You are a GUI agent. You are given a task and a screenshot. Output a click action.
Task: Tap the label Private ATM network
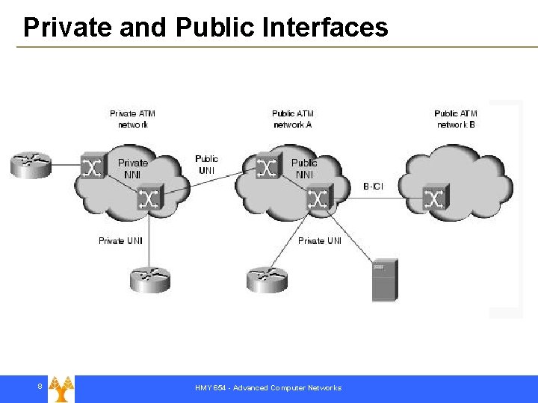tap(133, 119)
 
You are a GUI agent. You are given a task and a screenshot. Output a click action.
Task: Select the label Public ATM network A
tap(293, 119)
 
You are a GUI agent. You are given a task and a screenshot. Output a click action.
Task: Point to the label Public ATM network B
tap(456, 119)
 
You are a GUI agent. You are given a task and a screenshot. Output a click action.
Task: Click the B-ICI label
tap(374, 185)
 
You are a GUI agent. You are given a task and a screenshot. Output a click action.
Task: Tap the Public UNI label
tap(207, 164)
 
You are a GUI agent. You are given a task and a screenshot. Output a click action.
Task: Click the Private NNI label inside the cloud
tap(133, 168)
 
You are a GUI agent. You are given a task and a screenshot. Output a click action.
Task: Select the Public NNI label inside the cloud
tap(304, 168)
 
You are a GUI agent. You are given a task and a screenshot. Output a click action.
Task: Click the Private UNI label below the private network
tap(120, 241)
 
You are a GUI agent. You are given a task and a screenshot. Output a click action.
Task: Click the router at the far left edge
tap(30, 164)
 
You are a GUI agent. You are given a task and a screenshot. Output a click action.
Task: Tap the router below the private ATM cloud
tap(149, 280)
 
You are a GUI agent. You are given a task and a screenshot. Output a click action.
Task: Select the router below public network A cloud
tap(267, 280)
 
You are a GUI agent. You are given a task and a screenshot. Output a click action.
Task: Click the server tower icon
tap(385, 280)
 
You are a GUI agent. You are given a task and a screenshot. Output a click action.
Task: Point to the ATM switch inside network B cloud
tap(433, 199)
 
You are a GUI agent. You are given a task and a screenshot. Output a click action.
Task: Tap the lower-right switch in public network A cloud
tap(318, 199)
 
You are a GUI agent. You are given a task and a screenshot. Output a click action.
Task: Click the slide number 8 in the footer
tap(40, 386)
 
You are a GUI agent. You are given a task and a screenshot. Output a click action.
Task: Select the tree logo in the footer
tap(61, 388)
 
